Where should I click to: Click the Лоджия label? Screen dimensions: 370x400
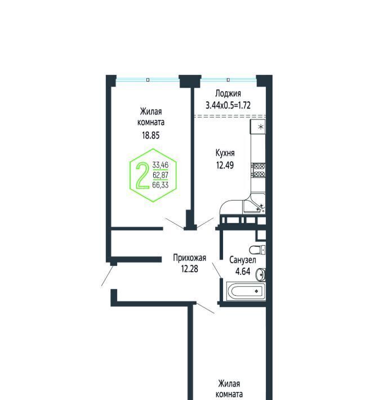pyautogui.click(x=228, y=94)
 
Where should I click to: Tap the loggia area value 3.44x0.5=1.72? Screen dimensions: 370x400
pyautogui.click(x=228, y=105)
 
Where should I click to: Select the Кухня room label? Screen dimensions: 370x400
pyautogui.click(x=225, y=153)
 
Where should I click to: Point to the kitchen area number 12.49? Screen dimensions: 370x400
pyautogui.click(x=225, y=165)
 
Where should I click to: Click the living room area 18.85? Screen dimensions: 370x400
pyautogui.click(x=151, y=135)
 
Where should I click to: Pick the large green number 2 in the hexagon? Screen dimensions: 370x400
pyautogui.click(x=142, y=176)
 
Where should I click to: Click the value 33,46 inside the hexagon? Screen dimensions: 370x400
pyautogui.click(x=161, y=165)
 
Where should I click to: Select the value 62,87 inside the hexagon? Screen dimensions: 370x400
pyautogui.click(x=161, y=175)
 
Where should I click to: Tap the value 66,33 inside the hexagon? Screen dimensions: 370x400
pyautogui.click(x=161, y=185)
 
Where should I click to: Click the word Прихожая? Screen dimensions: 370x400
pyautogui.click(x=189, y=258)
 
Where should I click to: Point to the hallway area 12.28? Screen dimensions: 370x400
pyautogui.click(x=189, y=269)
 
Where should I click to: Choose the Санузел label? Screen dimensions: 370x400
pyautogui.click(x=243, y=260)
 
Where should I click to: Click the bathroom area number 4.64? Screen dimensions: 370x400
pyautogui.click(x=243, y=272)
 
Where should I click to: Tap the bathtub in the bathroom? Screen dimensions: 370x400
pyautogui.click(x=246, y=291)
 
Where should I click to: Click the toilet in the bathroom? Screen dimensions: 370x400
pyautogui.click(x=257, y=250)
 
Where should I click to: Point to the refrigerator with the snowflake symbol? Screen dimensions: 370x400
pyautogui.click(x=258, y=127)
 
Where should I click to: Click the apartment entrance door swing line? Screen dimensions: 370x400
pyautogui.click(x=108, y=275)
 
